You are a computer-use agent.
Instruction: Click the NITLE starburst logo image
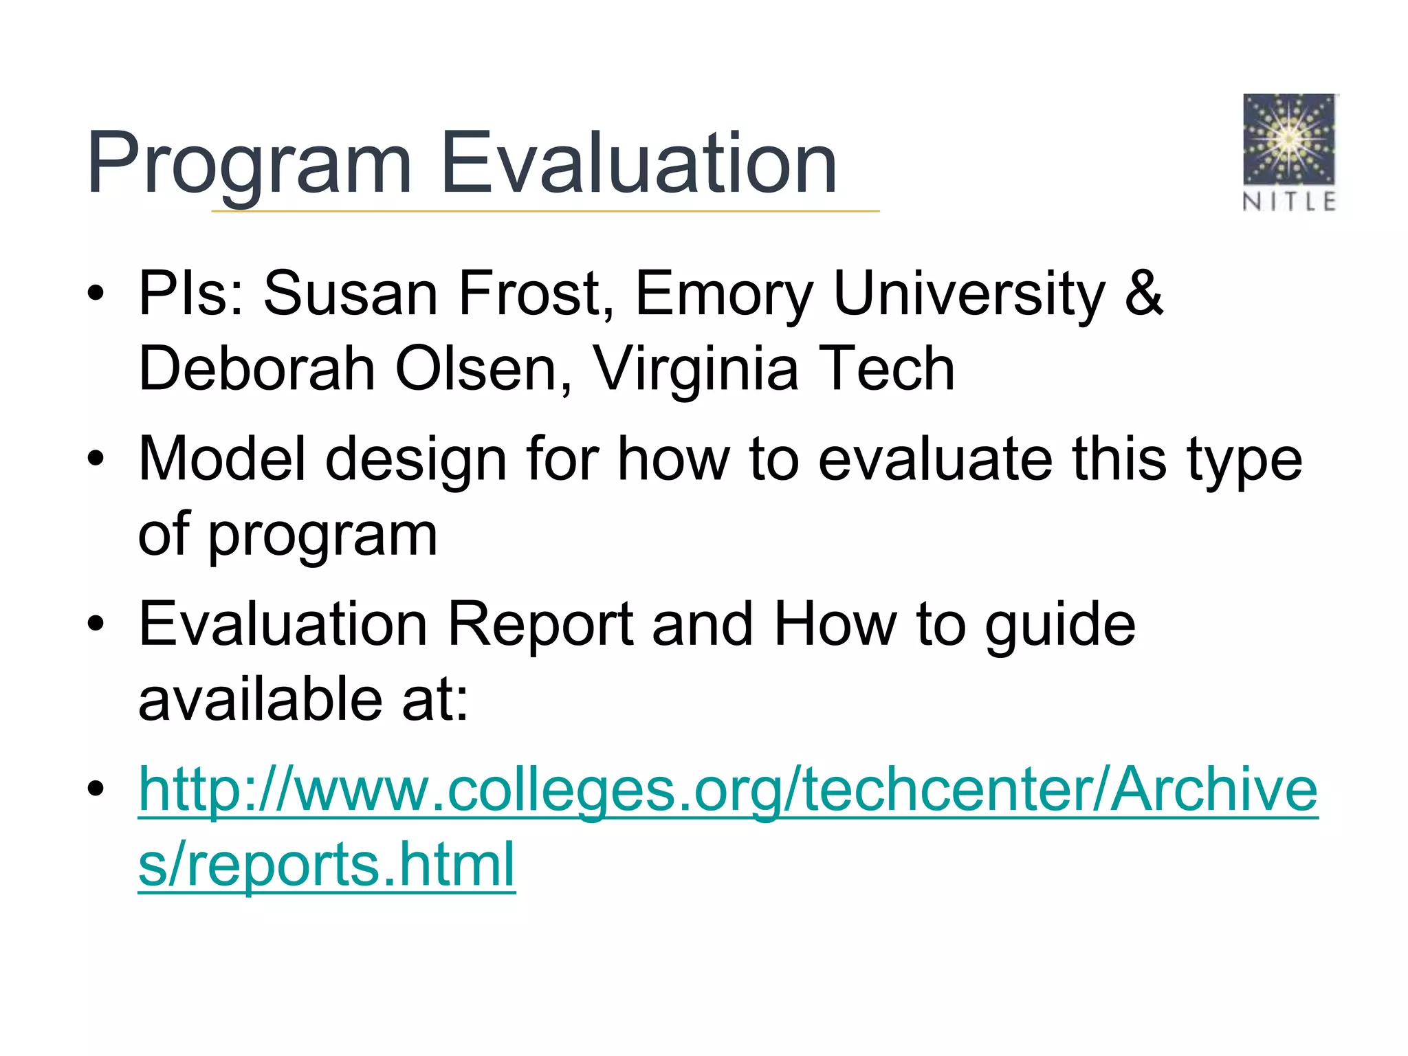click(x=1289, y=140)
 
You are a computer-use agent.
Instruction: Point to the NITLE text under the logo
click(x=1289, y=201)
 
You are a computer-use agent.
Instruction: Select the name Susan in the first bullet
click(x=351, y=294)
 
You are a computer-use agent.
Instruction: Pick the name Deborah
click(x=257, y=369)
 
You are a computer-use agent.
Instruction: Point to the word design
click(x=416, y=459)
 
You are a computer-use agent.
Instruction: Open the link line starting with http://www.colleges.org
click(x=727, y=790)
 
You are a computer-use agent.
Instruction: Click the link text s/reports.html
click(x=327, y=864)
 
